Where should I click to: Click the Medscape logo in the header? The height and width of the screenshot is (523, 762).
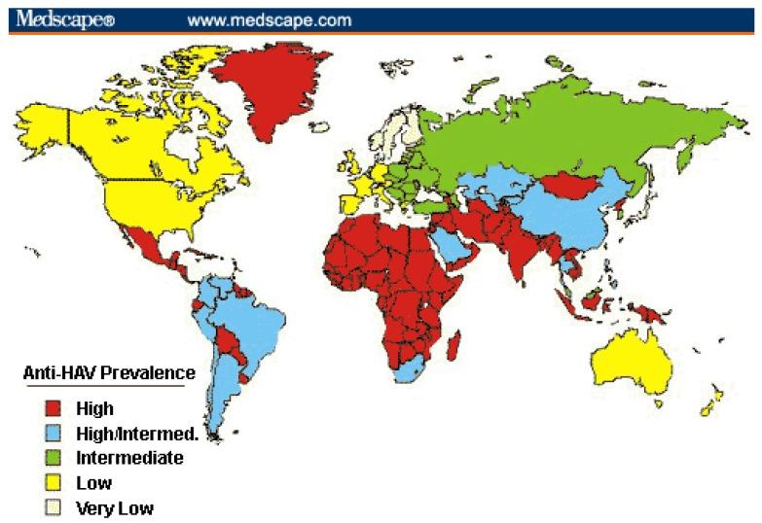pos(64,18)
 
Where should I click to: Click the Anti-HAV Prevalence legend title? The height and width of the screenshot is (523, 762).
pos(109,372)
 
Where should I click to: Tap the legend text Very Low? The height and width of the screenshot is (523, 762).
pos(121,506)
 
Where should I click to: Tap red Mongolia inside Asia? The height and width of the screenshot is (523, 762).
pos(572,183)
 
